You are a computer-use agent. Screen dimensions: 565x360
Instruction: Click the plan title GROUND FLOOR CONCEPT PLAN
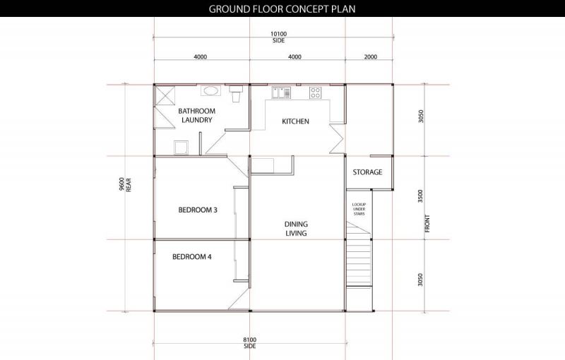(x=282, y=8)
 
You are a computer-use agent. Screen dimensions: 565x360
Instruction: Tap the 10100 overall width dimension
(x=278, y=34)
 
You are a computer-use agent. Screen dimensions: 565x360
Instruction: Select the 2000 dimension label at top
(x=370, y=56)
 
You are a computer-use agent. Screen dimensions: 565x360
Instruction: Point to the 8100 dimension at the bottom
(x=250, y=340)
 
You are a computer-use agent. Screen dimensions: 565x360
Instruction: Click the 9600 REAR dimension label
(x=125, y=184)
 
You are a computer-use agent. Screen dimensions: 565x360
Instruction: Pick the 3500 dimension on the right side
(x=420, y=196)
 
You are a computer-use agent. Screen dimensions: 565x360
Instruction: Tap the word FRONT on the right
(x=428, y=224)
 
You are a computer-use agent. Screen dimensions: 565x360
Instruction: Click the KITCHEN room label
(x=295, y=121)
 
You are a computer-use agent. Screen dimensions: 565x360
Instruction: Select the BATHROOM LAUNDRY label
(x=197, y=116)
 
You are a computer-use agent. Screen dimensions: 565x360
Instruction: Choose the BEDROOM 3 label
(x=198, y=210)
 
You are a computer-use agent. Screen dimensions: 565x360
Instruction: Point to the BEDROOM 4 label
(x=191, y=257)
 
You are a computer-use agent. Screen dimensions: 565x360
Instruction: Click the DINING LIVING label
(x=296, y=229)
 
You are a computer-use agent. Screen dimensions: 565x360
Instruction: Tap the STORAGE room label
(x=367, y=172)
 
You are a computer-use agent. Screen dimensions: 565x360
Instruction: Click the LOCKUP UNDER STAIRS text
(x=359, y=209)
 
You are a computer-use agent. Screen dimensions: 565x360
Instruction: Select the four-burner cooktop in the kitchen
(x=315, y=92)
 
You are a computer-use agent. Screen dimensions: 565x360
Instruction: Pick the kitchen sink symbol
(x=281, y=92)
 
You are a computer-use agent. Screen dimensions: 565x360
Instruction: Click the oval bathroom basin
(x=210, y=90)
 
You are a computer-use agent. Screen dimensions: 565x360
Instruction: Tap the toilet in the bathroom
(x=236, y=94)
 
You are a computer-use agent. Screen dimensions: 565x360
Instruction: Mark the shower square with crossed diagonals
(x=165, y=95)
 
